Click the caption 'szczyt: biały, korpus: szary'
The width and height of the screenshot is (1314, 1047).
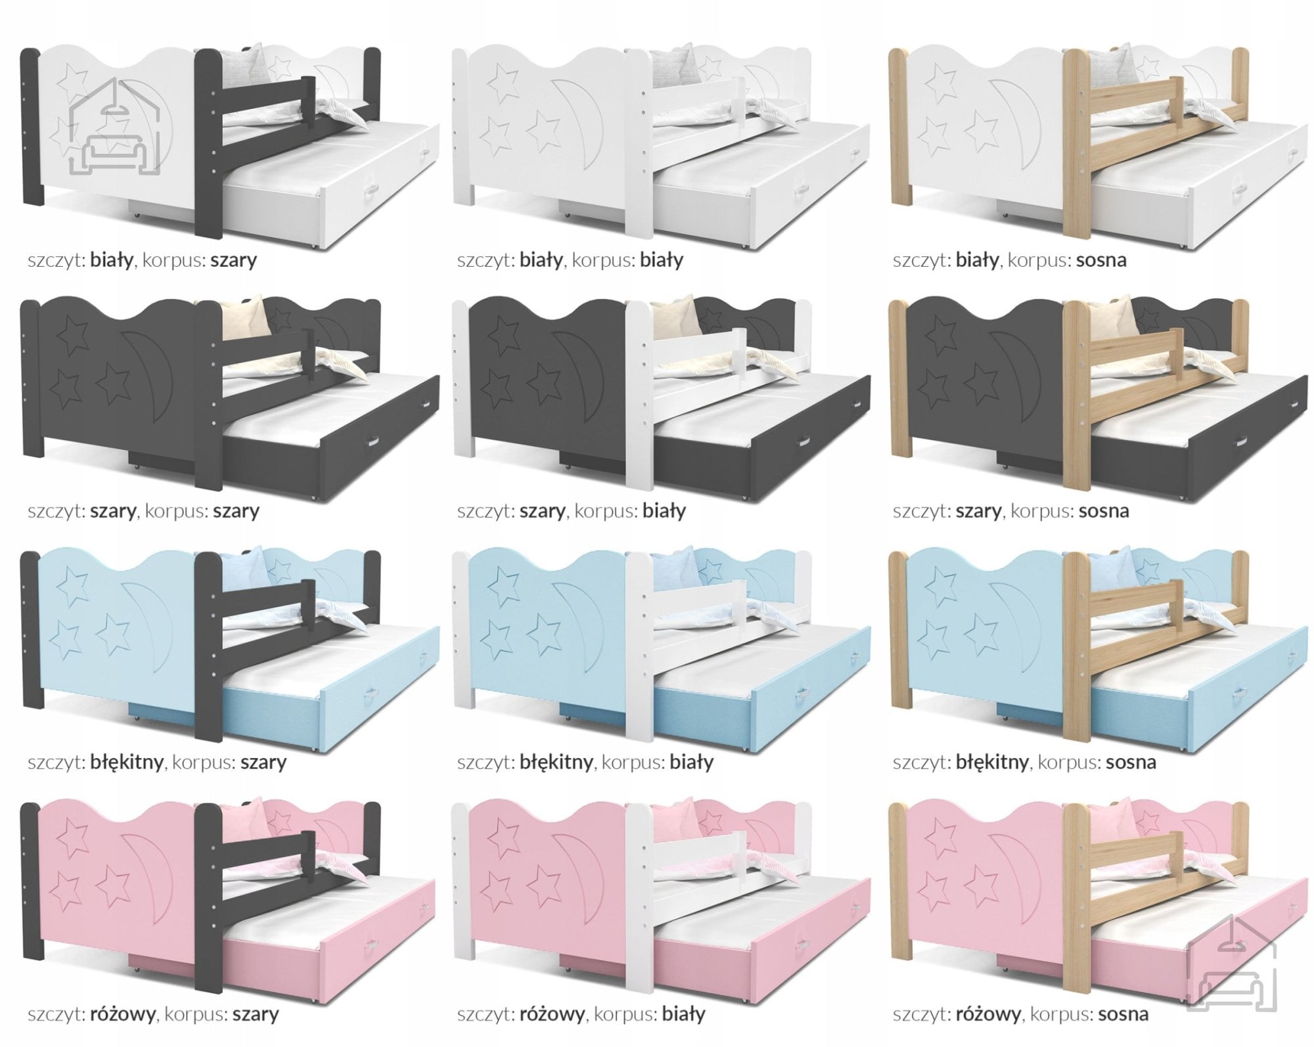pyautogui.click(x=142, y=260)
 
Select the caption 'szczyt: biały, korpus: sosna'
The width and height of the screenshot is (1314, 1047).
pyautogui.click(x=1010, y=260)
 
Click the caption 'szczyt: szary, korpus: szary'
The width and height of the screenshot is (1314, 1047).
pyautogui.click(x=143, y=510)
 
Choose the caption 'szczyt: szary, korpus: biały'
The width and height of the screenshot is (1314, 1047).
pyautogui.click(x=572, y=510)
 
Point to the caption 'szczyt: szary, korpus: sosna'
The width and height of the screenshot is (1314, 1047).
pyautogui.click(x=1011, y=510)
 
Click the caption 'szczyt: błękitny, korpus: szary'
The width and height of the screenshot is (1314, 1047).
pyautogui.click(x=157, y=762)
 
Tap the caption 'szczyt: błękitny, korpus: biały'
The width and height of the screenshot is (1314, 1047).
pyautogui.click(x=585, y=762)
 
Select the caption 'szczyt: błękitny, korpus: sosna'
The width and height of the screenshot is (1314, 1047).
pyautogui.click(x=1024, y=762)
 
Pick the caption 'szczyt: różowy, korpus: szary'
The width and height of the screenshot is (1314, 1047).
pyautogui.click(x=153, y=1014)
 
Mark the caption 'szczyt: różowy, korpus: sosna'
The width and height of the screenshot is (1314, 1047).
pyautogui.click(x=1021, y=1014)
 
